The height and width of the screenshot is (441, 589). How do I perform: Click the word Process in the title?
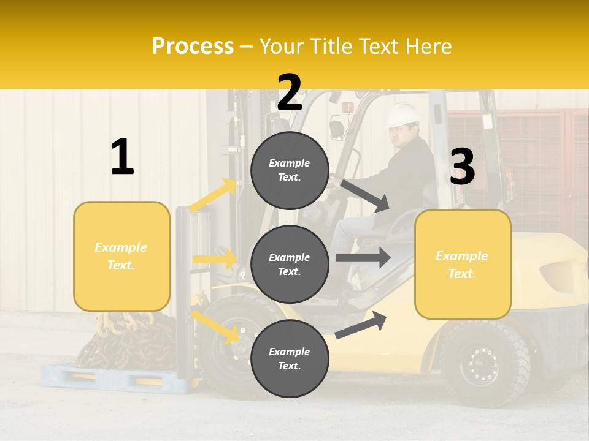193,47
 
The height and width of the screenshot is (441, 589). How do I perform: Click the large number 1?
122,157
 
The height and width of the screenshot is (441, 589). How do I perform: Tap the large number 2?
289,92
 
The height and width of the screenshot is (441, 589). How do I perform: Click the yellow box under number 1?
121,256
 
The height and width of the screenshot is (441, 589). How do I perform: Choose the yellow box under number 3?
463,264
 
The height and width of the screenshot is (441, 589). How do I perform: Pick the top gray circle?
290,170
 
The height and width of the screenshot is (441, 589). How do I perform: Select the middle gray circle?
290,264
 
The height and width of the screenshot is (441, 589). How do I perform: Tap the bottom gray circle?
290,358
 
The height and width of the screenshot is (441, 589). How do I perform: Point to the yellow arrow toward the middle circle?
215,259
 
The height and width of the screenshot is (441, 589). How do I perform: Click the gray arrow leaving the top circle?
364,195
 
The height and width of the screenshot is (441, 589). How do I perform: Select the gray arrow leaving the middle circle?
363,257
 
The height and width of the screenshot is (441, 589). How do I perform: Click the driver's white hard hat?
402,115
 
